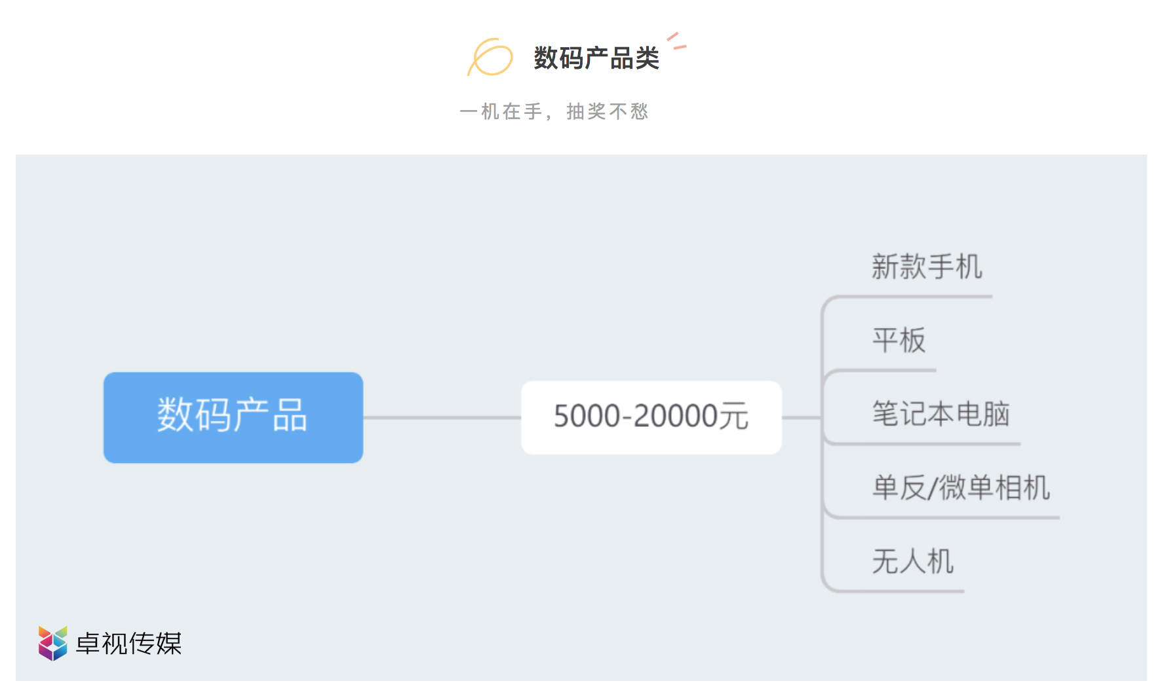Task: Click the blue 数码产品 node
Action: point(233,417)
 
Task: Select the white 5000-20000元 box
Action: point(651,417)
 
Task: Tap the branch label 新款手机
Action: point(927,266)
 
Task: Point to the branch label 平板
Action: point(899,340)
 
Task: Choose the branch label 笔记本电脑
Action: point(940,414)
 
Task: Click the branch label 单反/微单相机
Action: point(961,488)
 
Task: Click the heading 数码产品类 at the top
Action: point(596,58)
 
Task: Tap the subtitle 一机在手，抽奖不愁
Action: point(554,112)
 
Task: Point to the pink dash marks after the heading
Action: point(676,41)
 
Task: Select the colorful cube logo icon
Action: point(52,643)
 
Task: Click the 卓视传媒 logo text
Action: point(128,644)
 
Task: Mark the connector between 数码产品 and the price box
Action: point(442,417)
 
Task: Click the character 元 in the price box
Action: point(734,416)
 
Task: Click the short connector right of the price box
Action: point(802,417)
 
